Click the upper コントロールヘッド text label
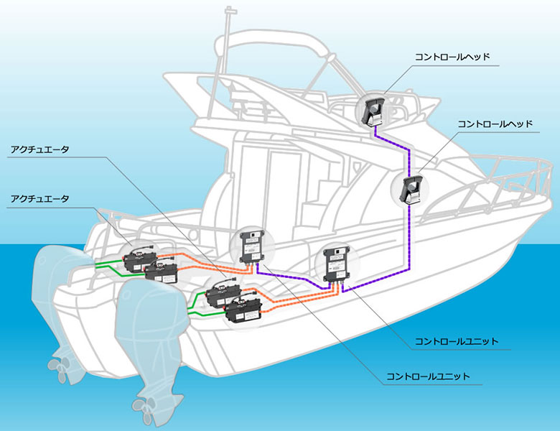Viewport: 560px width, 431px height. [x=452, y=57]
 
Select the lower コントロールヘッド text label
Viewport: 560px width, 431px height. [x=495, y=124]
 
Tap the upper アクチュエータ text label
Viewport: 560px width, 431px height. [x=39, y=149]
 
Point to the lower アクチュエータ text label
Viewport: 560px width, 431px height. [x=39, y=199]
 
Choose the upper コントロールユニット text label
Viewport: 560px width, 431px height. [x=457, y=341]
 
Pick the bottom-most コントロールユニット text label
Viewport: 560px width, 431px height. [x=428, y=376]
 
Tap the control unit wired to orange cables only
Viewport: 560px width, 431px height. [x=253, y=247]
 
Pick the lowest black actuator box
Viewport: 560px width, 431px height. [x=244, y=311]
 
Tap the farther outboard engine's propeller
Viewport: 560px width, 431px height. [x=61, y=365]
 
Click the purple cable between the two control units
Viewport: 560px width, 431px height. [x=293, y=277]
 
